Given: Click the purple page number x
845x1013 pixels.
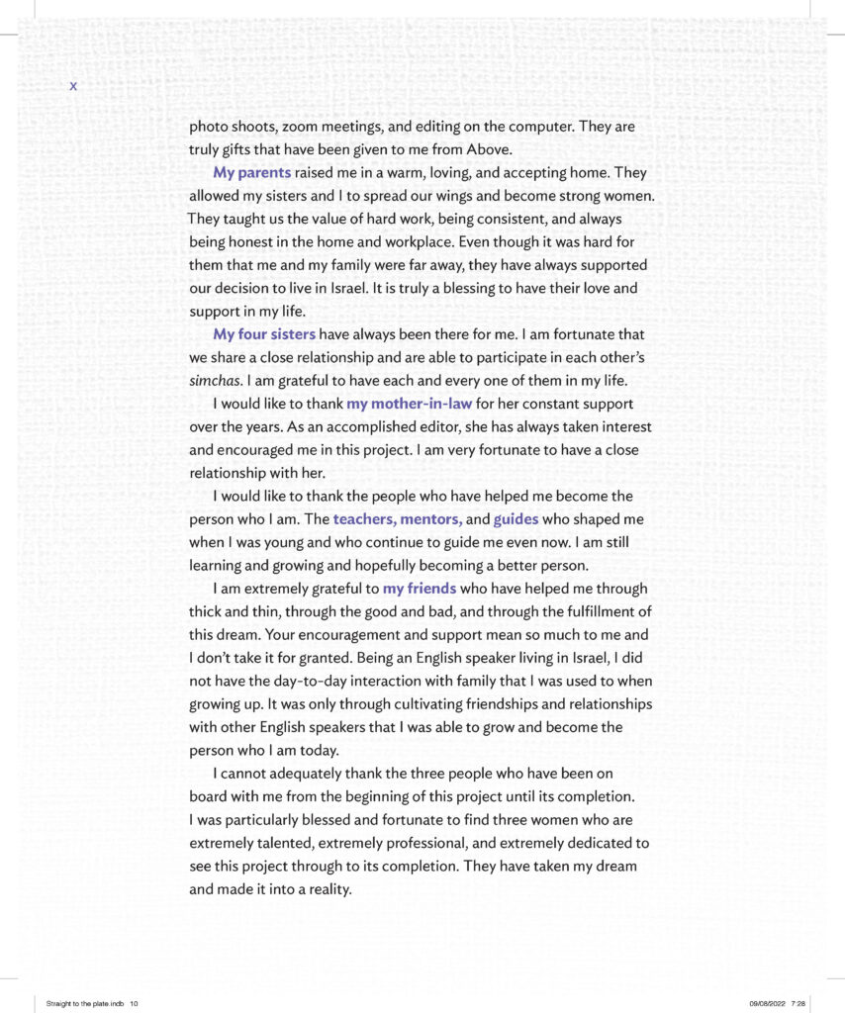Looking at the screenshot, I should tap(73, 87).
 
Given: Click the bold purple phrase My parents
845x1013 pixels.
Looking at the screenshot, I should tap(251, 173).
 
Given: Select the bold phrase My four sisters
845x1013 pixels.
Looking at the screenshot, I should tap(264, 334).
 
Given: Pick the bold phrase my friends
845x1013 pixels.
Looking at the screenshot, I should tap(420, 589).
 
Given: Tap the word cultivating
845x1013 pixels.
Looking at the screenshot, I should tap(415, 704).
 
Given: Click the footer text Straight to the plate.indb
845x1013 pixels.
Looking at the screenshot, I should tap(85, 1003).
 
